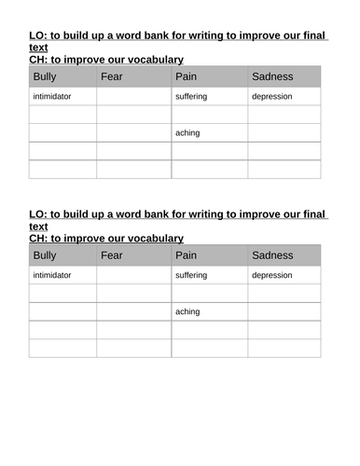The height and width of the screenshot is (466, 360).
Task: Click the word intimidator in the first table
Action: (52, 96)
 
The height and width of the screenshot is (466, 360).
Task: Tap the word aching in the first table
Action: (187, 132)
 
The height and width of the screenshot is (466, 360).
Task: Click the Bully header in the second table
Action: (45, 254)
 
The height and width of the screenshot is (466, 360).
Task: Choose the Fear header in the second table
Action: (112, 254)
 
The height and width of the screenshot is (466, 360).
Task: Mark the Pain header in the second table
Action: (186, 254)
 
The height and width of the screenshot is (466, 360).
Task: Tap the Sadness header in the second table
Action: (272, 254)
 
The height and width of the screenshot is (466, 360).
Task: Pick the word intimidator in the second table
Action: (52, 275)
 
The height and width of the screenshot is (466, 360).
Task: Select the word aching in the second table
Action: (187, 311)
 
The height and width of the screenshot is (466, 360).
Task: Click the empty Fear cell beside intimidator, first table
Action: (133, 96)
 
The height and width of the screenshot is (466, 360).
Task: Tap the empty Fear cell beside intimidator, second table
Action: (133, 275)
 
